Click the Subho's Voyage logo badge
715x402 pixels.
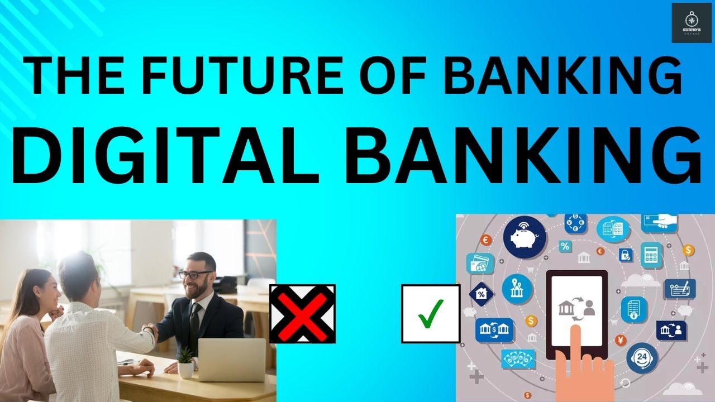(691, 22)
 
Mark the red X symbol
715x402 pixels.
(302, 314)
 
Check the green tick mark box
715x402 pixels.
(430, 313)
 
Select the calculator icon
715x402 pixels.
(651, 254)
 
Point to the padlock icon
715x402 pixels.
(626, 256)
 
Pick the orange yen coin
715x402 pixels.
(621, 340)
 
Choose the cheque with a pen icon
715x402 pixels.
(679, 289)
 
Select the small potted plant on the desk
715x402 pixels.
(185, 361)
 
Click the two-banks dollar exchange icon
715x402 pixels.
(494, 330)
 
